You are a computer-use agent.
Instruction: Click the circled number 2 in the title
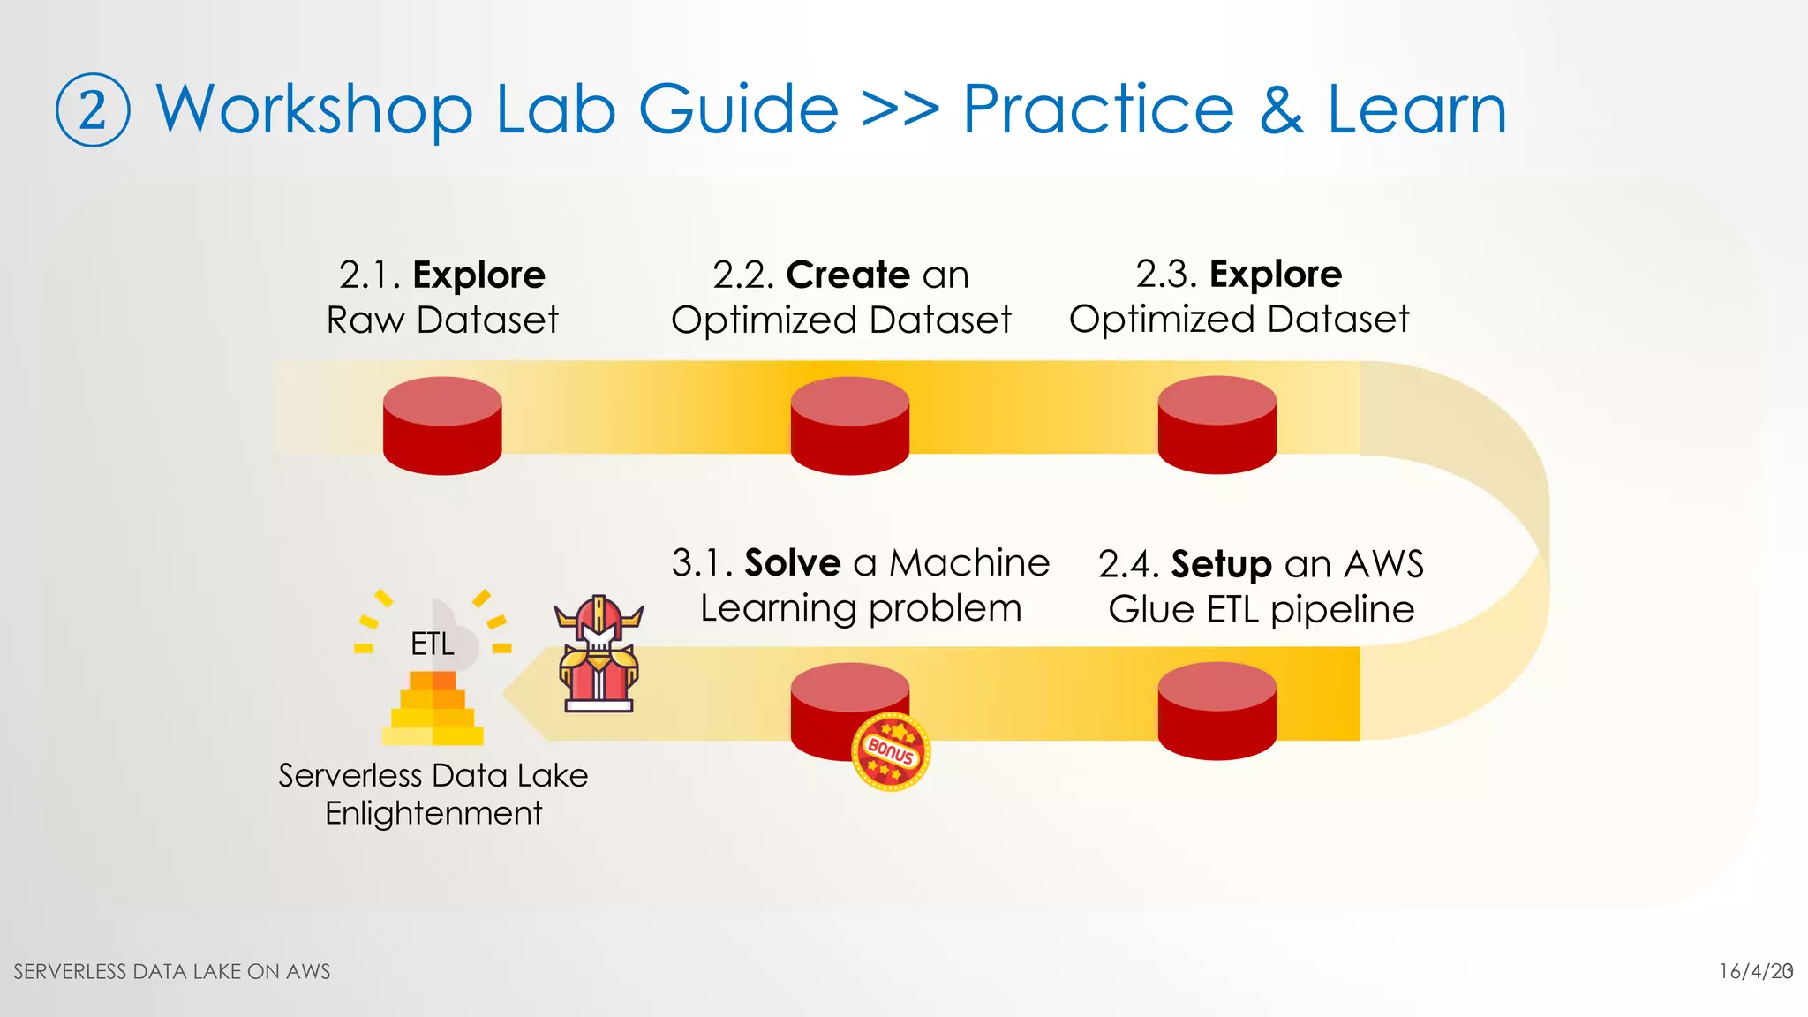tap(93, 110)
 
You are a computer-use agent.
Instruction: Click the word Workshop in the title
tap(314, 110)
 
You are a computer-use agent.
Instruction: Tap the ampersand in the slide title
tap(1281, 110)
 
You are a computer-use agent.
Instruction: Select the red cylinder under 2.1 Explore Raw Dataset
tap(442, 426)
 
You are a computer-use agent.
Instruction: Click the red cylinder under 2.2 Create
tap(849, 426)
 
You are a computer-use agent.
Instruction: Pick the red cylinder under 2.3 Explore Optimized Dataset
tap(1217, 425)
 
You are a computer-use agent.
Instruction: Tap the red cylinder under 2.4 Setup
tap(1217, 712)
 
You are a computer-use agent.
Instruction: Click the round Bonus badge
tap(891, 751)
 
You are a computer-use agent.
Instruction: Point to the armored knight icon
tap(599, 654)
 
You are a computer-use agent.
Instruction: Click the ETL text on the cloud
tap(433, 644)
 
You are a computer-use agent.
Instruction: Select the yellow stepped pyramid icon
tap(433, 709)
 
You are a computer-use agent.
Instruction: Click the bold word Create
tap(847, 275)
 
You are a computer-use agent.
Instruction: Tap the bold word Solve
tap(793, 562)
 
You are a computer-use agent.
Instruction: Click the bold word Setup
tap(1221, 564)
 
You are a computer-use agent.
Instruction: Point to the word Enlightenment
tap(433, 813)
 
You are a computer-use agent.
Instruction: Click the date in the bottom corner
tap(1755, 971)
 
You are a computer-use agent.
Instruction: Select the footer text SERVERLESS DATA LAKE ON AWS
tap(172, 971)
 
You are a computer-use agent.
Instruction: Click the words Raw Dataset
tap(442, 320)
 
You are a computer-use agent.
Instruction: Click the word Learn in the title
tap(1417, 110)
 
